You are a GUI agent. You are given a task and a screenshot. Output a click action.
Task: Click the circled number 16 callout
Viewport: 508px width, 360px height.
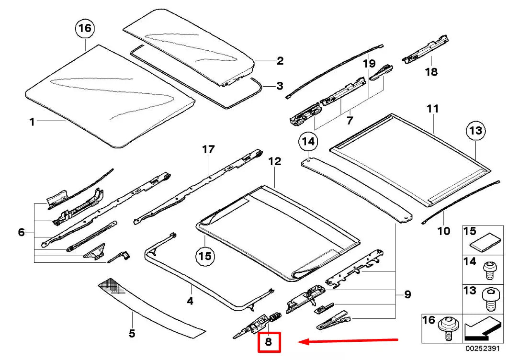tap(85, 29)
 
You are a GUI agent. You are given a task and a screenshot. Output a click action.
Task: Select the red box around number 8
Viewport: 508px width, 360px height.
tap(268, 342)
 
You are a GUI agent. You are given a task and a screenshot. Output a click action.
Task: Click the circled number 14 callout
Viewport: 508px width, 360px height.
tap(309, 141)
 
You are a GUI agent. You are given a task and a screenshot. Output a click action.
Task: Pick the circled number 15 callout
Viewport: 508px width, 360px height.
tap(205, 256)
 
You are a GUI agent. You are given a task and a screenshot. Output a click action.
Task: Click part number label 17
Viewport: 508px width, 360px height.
tap(208, 150)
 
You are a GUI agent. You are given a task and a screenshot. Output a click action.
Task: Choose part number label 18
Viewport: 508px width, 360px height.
tap(431, 72)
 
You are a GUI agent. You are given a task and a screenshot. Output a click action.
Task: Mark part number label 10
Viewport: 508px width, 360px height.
tap(444, 231)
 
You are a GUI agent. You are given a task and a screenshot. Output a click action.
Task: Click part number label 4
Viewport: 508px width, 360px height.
tap(190, 301)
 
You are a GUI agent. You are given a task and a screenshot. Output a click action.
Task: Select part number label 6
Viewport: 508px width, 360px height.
tap(21, 233)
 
